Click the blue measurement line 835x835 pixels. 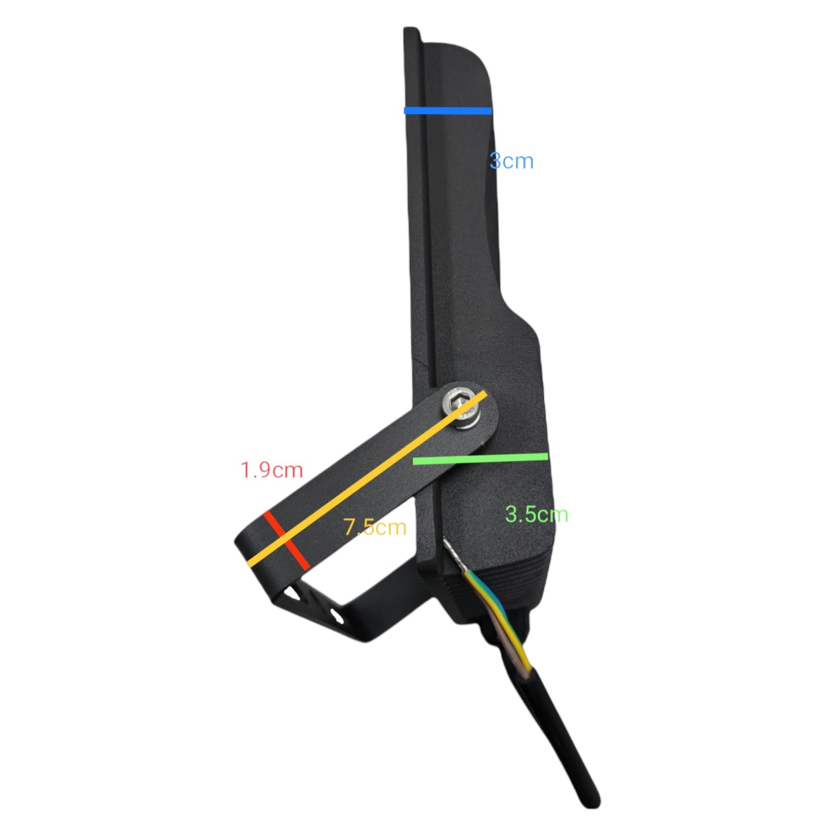coord(448,110)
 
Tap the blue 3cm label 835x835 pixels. coord(511,161)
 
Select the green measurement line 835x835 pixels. coord(481,458)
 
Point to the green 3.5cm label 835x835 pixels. coord(536,515)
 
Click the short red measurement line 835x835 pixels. coord(287,540)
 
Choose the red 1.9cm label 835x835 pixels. coord(272,470)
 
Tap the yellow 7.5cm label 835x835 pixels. coord(375,528)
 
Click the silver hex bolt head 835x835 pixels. coord(459,409)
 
